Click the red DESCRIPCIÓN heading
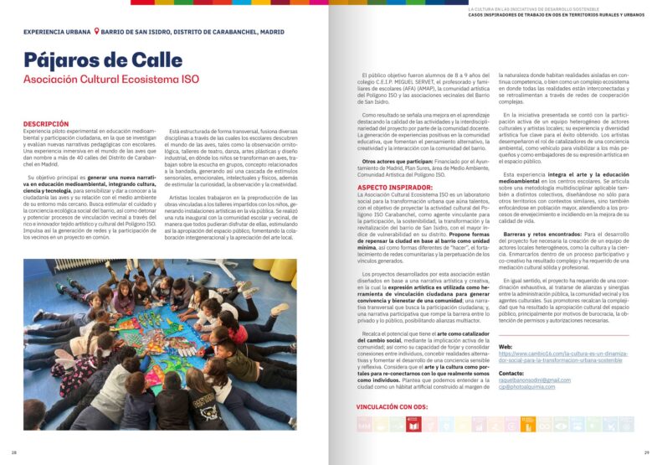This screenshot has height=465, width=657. [x=47, y=123]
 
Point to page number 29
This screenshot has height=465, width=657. [x=646, y=452]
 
